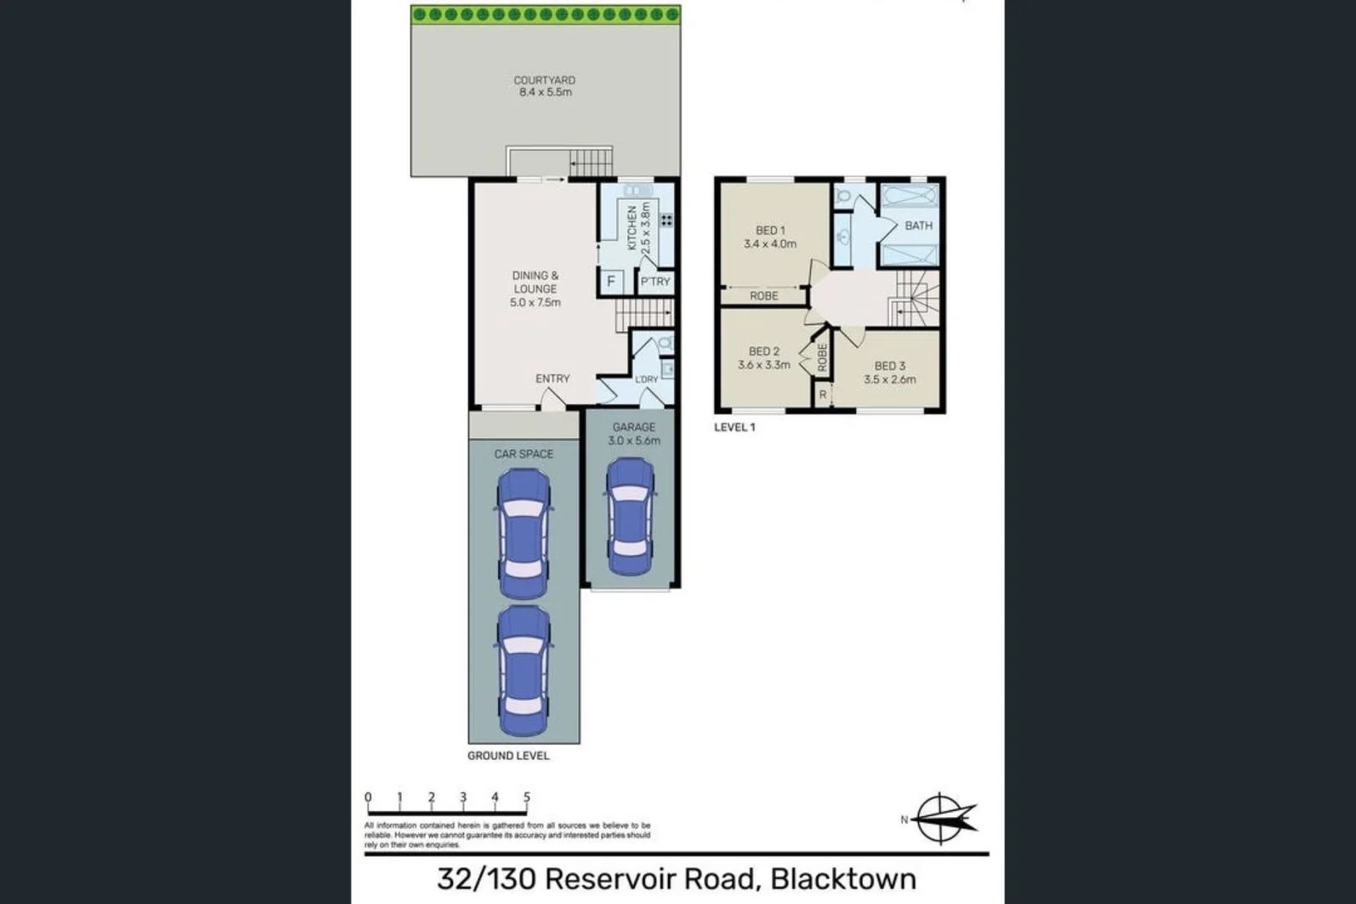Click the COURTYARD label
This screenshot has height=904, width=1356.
[544, 80]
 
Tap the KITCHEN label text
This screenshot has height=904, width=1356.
[632, 228]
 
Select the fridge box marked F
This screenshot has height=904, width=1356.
[611, 281]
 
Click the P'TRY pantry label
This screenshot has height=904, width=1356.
[655, 282]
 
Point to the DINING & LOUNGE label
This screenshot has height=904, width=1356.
[536, 282]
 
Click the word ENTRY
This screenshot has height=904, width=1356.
[552, 379]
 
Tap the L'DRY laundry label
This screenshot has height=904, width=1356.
[646, 380]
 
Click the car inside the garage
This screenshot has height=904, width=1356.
[630, 516]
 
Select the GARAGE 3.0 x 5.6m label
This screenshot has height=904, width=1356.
[634, 434]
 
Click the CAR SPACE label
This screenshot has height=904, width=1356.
[523, 454]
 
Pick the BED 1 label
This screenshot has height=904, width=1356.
[770, 230]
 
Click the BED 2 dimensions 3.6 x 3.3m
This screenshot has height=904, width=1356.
[763, 365]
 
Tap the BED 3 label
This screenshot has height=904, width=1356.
[890, 366]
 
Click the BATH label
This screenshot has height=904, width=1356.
[918, 225]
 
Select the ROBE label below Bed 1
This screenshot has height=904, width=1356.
[763, 296]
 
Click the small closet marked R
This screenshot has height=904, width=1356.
[823, 394]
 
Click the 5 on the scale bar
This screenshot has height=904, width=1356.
[526, 798]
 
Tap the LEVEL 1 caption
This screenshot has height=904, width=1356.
[734, 427]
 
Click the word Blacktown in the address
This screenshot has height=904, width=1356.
[842, 879]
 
